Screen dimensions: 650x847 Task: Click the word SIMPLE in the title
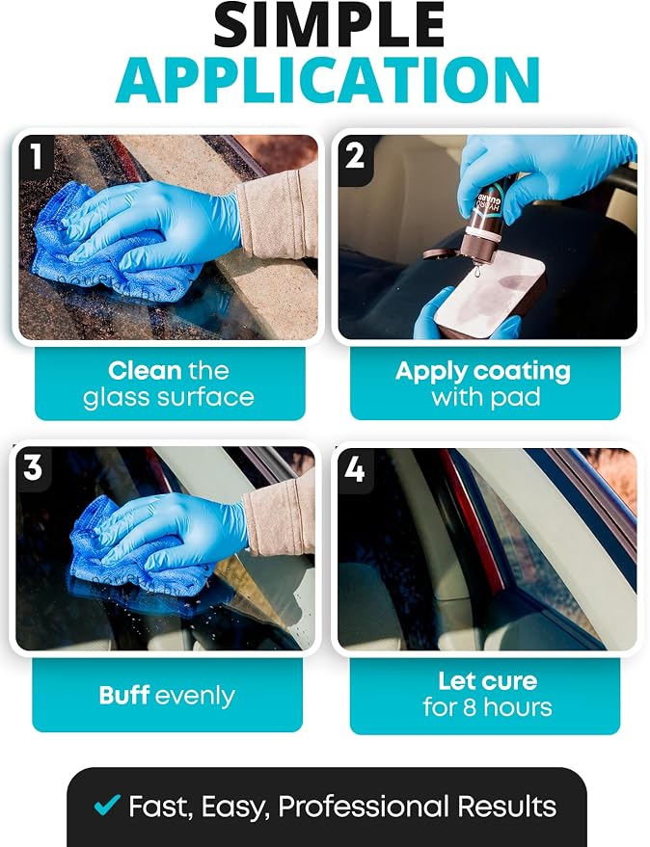tap(329, 25)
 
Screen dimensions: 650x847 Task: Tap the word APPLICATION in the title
tap(328, 79)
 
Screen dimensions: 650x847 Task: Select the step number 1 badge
tap(37, 157)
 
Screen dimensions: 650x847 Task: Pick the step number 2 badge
tap(355, 157)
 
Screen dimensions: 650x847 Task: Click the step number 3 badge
tap(33, 466)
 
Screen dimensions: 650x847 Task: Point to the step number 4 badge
tap(355, 469)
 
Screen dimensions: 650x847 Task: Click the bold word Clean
tap(145, 371)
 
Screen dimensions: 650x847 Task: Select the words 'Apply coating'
tap(483, 372)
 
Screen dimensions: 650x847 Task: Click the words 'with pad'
tap(486, 397)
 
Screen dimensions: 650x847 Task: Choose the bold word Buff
tap(123, 695)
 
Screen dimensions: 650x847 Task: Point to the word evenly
tap(195, 697)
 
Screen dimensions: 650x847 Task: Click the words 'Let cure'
tap(488, 681)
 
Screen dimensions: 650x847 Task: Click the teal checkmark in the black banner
tap(107, 805)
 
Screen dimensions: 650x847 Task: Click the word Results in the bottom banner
tap(507, 807)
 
